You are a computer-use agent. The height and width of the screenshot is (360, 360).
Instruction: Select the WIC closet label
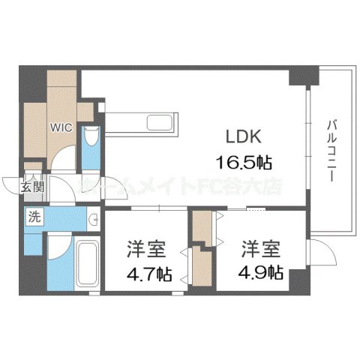click(62, 127)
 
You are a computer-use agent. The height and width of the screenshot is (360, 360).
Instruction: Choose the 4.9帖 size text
click(262, 273)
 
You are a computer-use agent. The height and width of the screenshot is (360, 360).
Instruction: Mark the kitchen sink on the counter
click(160, 123)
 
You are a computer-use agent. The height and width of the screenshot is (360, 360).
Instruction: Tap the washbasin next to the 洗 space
click(92, 219)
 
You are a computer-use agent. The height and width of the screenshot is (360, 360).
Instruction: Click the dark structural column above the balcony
click(304, 75)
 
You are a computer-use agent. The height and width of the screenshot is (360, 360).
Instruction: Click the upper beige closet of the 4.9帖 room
click(200, 225)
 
